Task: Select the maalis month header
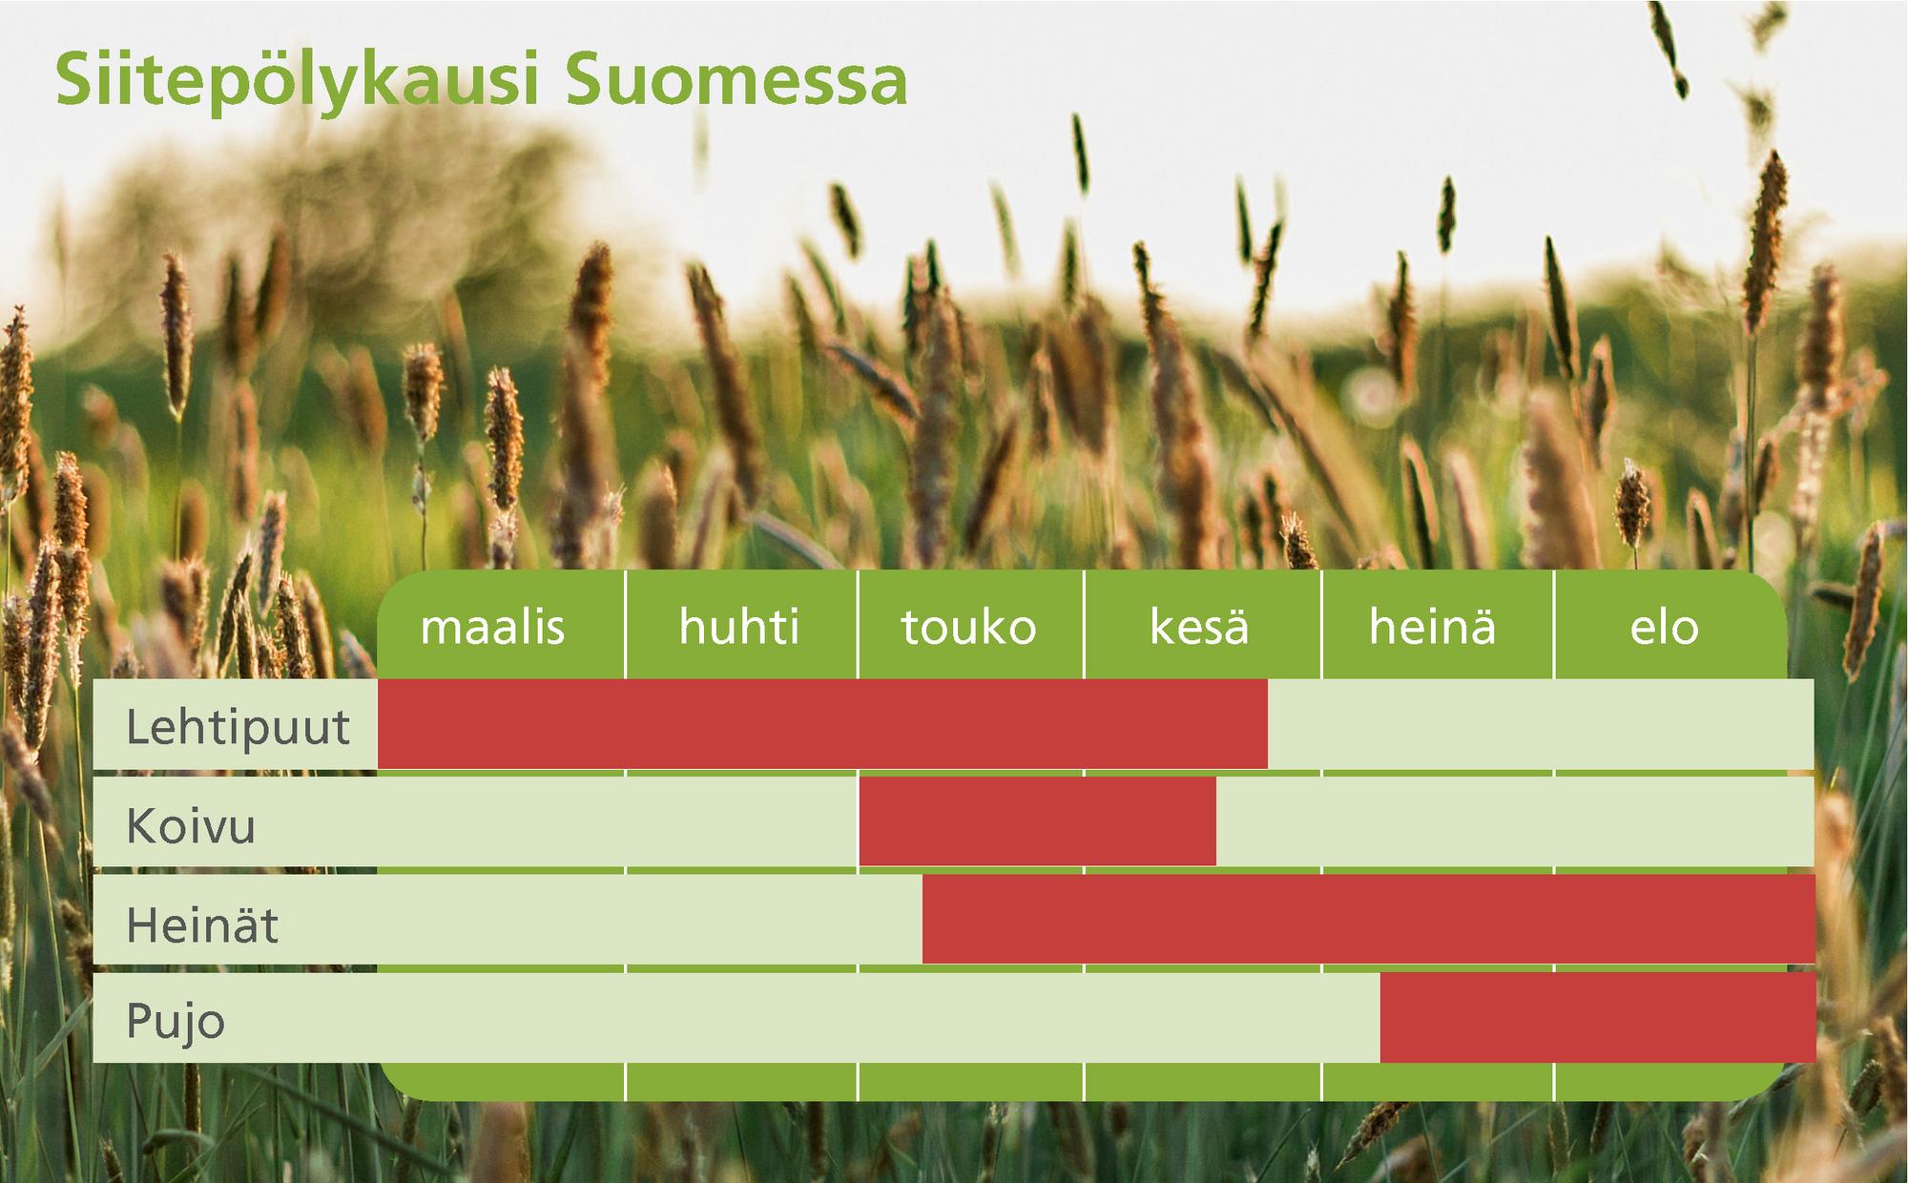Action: (x=492, y=628)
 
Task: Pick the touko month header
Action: (x=968, y=628)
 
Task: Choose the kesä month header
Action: (x=1199, y=627)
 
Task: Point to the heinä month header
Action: (x=1432, y=627)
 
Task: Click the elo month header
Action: (x=1664, y=627)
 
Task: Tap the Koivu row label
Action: (x=191, y=825)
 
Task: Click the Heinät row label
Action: (x=202, y=924)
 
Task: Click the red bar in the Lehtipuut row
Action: (x=822, y=724)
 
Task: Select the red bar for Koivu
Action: (x=1038, y=821)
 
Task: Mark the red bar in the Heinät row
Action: (x=1368, y=919)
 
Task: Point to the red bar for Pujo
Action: (x=1597, y=1018)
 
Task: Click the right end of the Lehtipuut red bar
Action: (x=1267, y=724)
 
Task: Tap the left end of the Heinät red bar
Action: (x=923, y=919)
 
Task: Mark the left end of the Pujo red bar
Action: (x=1381, y=1018)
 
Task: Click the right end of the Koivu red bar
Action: (x=1215, y=821)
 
